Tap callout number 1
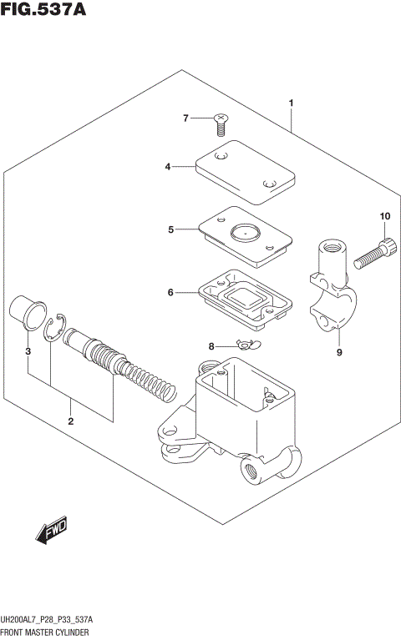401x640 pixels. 291,103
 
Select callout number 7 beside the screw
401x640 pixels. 187,118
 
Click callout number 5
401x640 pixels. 170,229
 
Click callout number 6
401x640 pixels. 170,293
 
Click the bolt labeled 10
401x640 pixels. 374,254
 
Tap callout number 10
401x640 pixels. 384,217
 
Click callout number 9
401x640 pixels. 339,352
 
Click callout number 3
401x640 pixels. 28,352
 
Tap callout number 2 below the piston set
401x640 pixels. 71,421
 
